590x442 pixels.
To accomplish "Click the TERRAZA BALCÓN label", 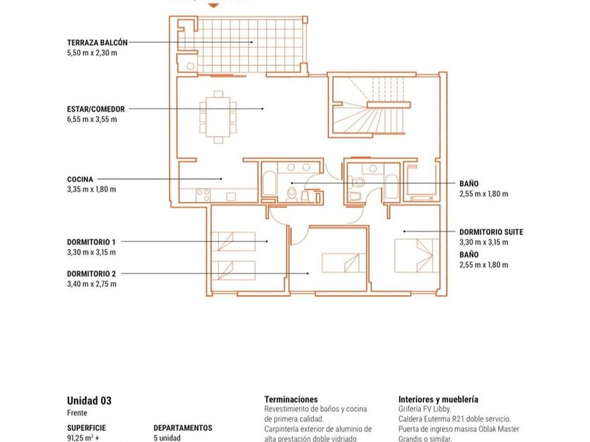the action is coord(97,43).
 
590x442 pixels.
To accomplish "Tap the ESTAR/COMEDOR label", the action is coord(96,109).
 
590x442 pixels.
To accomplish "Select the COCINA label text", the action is coord(80,180).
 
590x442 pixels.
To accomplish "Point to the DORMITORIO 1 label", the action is coord(91,242).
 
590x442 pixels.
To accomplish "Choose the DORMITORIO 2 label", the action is coord(91,274).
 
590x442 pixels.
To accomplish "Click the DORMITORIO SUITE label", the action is coord(492,232).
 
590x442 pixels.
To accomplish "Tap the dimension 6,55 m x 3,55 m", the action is coord(92,119).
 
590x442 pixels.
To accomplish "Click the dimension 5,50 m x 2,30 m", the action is coord(92,53).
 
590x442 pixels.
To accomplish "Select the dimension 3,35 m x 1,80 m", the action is coord(91,189).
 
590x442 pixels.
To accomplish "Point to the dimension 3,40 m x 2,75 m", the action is coord(92,284).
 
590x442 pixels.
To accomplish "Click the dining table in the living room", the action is coord(218,117).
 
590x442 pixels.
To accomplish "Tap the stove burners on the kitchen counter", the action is coord(203,195).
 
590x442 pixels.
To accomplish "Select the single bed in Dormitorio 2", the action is coord(343,263).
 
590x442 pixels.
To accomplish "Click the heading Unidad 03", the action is coord(89,401).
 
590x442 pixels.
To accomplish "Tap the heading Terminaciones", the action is coord(291,399).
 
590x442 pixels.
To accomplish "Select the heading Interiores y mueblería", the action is coord(438,399).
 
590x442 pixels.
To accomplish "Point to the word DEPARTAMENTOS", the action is coord(183,428).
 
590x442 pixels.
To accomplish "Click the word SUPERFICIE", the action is coord(86,428).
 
